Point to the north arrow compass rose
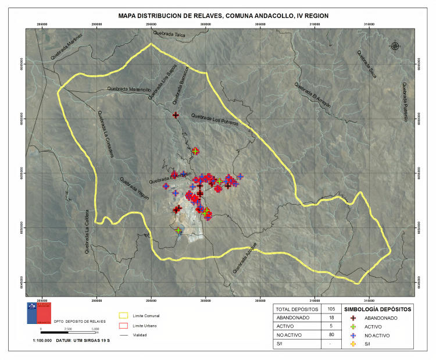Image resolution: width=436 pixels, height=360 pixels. pos(395,46)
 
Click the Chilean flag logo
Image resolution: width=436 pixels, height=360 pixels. pos(39,312)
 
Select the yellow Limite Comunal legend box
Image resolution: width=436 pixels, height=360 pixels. pos(124,316)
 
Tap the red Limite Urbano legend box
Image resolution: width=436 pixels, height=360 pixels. pos(124,326)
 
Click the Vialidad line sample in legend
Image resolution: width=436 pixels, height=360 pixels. pos(124,336)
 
